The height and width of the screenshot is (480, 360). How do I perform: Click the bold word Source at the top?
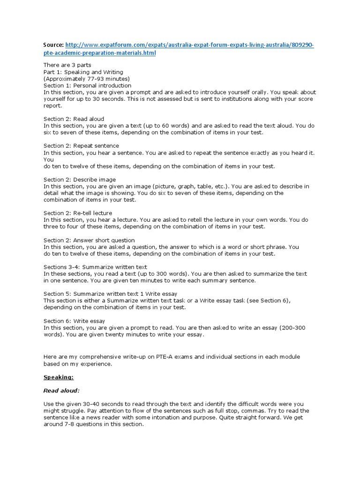(53, 45)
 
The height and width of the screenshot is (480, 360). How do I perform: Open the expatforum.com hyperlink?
(189, 45)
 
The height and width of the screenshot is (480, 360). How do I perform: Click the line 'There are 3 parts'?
(67, 65)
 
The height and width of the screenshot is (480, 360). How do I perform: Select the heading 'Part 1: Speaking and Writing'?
(83, 72)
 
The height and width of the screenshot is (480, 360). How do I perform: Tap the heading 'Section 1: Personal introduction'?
(87, 86)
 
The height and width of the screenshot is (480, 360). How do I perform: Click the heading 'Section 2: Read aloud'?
(74, 119)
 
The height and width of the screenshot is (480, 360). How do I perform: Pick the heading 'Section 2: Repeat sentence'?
(81, 146)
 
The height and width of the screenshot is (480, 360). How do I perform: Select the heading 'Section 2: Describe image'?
(80, 180)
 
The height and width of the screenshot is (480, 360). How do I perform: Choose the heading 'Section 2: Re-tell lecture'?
(78, 213)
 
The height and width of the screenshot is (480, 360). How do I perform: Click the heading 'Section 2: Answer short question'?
(89, 240)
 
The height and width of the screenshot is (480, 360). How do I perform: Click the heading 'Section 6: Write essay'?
(74, 321)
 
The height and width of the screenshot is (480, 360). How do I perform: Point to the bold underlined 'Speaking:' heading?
(59, 377)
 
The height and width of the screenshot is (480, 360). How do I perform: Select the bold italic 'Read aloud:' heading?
(61, 390)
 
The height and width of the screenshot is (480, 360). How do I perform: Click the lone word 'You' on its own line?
(49, 159)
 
